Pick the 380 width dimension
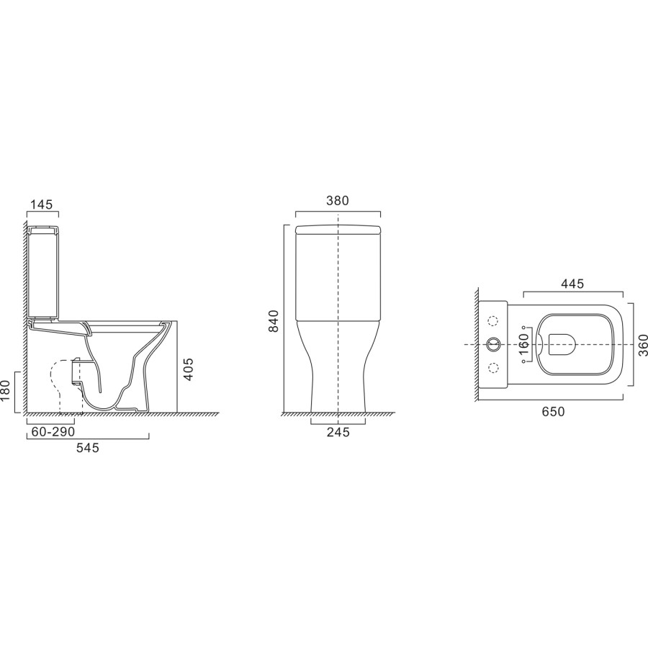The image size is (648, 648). click(x=337, y=201)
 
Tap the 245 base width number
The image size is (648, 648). click(x=337, y=432)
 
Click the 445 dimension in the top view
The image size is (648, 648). click(x=572, y=283)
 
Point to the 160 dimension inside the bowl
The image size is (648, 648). click(x=524, y=345)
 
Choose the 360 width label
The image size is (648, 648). click(x=644, y=345)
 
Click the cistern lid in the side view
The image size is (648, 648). click(x=42, y=228)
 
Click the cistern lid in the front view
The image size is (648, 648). click(x=337, y=230)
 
